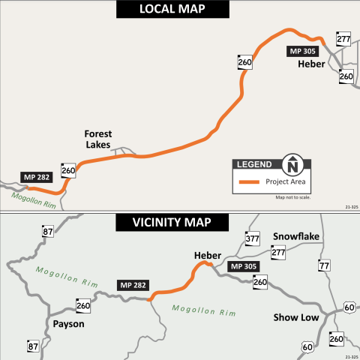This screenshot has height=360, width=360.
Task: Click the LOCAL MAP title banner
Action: point(179,10)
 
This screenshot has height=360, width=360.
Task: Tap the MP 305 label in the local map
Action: point(302,52)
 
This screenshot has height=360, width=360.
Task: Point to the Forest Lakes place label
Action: point(97,139)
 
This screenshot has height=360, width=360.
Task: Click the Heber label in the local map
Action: point(311,64)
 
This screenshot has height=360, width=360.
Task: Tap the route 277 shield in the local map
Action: point(343,40)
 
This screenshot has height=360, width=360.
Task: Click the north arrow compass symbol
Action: point(292,164)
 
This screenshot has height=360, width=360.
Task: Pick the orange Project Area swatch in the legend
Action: point(248,181)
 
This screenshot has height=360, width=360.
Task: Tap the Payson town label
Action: point(68,324)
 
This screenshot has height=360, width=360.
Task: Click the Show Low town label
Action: point(293,317)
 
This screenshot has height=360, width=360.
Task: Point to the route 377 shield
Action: point(252,239)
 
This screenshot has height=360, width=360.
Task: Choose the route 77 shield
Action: point(324,265)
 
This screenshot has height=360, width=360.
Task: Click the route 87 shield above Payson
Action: point(48,232)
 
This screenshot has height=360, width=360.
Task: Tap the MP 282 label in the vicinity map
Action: point(132,285)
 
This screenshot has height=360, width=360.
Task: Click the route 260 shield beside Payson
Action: point(82,305)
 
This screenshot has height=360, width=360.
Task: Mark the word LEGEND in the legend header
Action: point(254,164)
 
